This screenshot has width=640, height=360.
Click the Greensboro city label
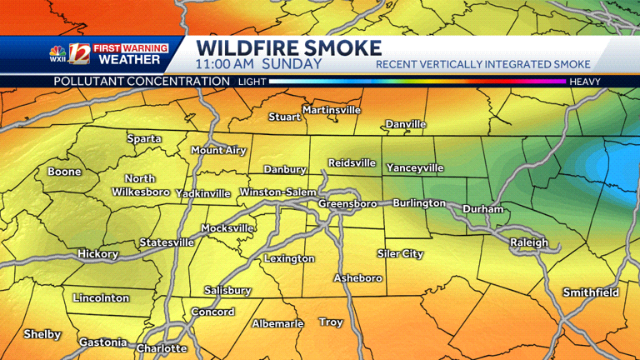click(x=347, y=203)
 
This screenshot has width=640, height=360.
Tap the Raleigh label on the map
click(x=529, y=242)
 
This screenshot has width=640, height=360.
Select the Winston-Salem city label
click(x=277, y=192)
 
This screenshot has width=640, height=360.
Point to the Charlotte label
click(x=162, y=348)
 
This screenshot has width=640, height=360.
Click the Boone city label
click(x=64, y=172)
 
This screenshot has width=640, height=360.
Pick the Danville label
click(x=406, y=124)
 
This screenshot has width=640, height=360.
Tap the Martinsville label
click(x=331, y=110)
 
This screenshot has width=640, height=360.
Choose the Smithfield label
click(x=591, y=292)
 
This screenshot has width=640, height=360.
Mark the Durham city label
click(x=483, y=209)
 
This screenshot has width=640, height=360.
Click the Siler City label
click(x=400, y=253)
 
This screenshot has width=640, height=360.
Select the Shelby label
click(x=42, y=334)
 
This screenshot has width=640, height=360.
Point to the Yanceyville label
click(x=415, y=167)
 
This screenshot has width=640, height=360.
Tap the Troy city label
click(x=331, y=322)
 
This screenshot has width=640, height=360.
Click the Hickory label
click(x=97, y=254)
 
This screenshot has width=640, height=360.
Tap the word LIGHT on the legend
click(x=252, y=82)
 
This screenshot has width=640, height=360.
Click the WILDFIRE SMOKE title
click(x=289, y=47)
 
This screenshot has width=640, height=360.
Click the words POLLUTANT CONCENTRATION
click(x=142, y=81)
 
